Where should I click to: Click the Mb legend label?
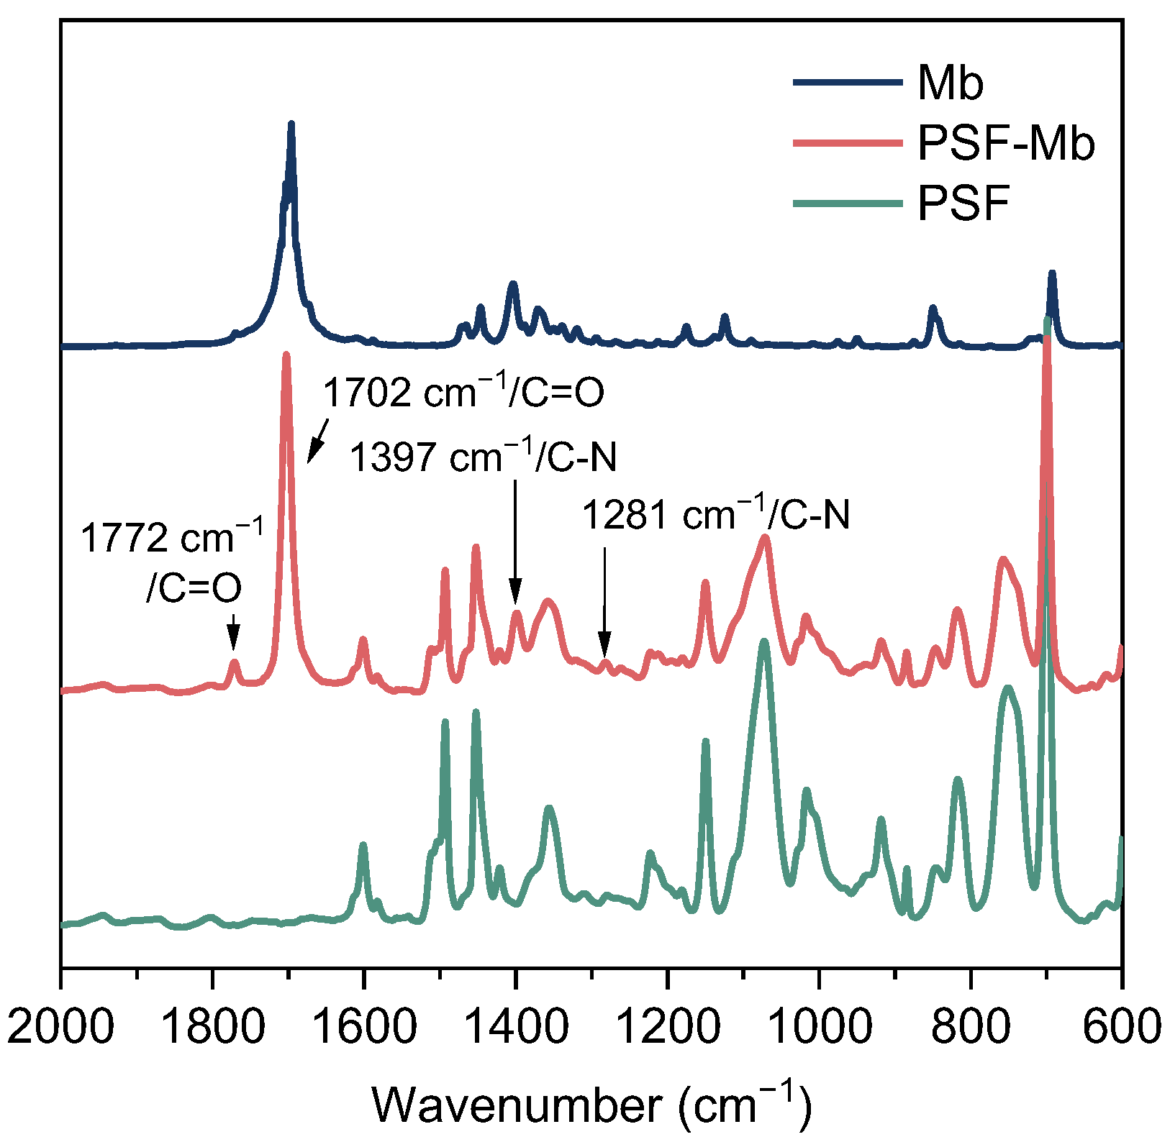pos(950,83)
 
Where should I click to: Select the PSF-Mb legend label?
pos(1005,143)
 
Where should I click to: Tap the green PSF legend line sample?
pos(848,204)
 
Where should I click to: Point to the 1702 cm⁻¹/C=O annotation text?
pos(463,393)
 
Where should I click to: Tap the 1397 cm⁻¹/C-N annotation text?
pos(483,457)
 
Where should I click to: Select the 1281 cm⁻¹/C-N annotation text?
pos(715,516)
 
